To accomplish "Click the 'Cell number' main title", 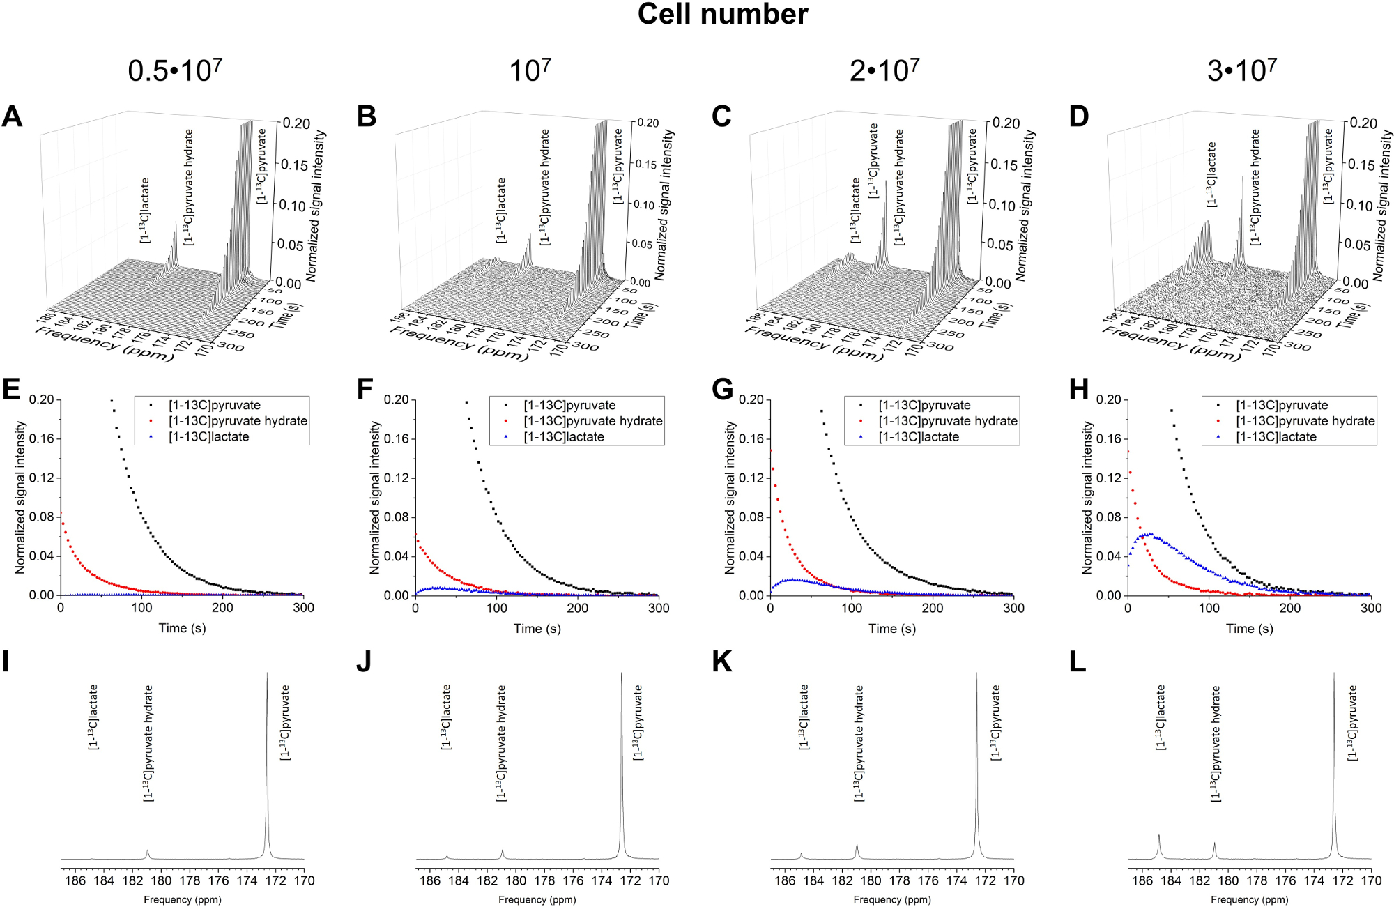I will [722, 15].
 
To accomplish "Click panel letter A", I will [12, 116].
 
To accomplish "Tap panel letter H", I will [1078, 390].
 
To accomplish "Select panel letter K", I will [722, 662].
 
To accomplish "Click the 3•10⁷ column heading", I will [1241, 70].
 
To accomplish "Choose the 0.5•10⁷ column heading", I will [175, 70].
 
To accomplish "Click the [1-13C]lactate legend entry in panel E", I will [208, 437].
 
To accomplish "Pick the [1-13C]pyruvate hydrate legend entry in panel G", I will [947, 421].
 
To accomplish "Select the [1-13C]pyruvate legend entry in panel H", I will [1281, 405].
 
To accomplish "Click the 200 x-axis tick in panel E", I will [222, 608].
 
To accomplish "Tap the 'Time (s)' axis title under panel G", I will [891, 629].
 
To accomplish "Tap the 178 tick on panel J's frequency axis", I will [544, 881].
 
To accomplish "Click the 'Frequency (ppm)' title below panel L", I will [1249, 900].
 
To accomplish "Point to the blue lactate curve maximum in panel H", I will [1148, 535].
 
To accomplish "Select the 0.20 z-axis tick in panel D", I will [1363, 123].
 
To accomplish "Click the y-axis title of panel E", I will [20, 497].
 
